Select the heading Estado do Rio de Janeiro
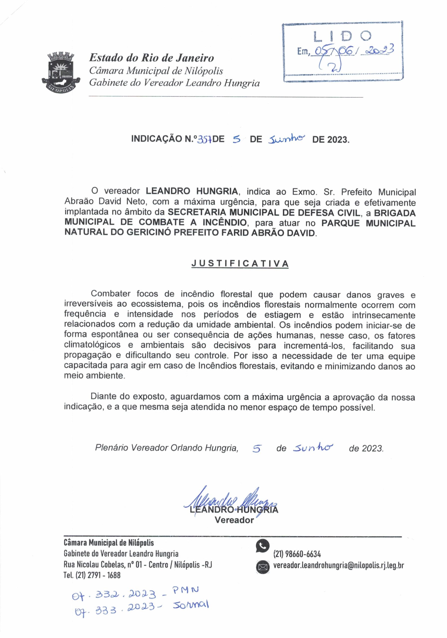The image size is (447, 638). tap(151, 58)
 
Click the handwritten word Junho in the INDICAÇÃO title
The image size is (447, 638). tap(286, 138)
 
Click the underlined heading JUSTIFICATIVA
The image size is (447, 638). tap(240, 263)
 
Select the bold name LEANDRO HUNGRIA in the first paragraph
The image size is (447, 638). tap(192, 191)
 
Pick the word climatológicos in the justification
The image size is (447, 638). tap(92, 345)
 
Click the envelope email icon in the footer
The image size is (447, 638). tap(262, 566)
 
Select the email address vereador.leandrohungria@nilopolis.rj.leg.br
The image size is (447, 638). tap(338, 565)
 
